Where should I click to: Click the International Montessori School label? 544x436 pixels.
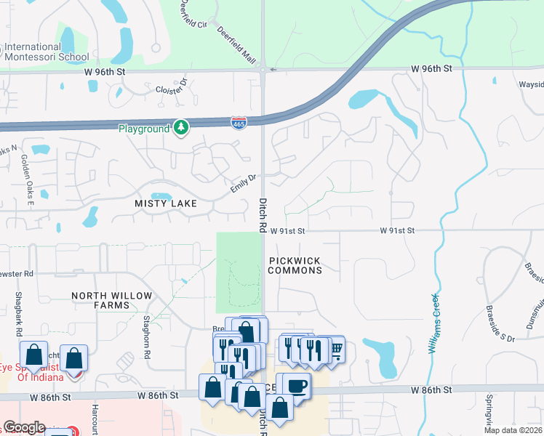coord(47,52)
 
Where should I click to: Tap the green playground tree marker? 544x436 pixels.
coord(181,128)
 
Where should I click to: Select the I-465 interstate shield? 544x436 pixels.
coord(239,123)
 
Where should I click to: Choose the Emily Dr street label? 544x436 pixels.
coord(244,182)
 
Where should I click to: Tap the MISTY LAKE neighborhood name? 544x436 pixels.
coord(166,203)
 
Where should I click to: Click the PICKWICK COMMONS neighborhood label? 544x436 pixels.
coord(295,265)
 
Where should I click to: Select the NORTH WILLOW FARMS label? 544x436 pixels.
coord(112,300)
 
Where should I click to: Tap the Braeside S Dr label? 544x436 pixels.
coord(500,327)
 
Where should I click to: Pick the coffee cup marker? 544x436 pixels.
coord(296,385)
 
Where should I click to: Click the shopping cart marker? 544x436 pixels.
coord(335,350)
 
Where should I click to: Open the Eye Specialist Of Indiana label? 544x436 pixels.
coord(41,372)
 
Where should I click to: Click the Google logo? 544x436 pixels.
coord(24,427)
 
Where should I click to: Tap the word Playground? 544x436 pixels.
coord(144,129)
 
